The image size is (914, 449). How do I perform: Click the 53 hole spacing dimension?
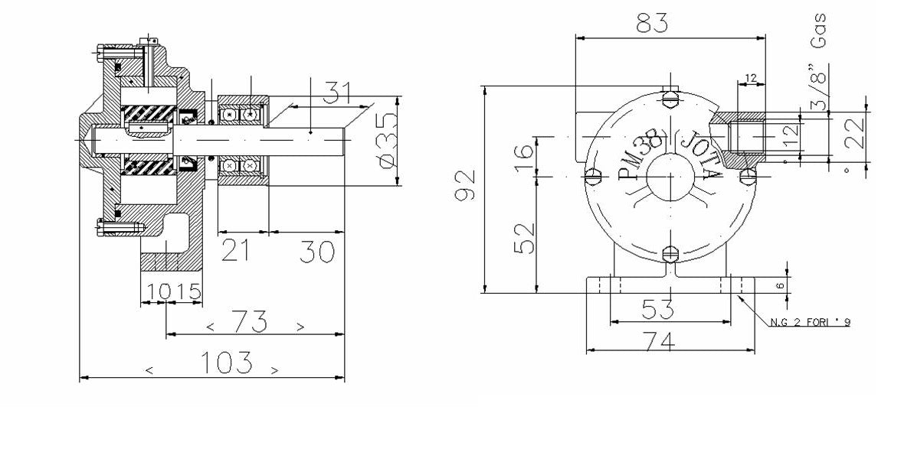pyautogui.click(x=657, y=310)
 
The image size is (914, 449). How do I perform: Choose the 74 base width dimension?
pyautogui.click(x=657, y=343)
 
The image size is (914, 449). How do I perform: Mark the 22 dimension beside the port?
pyautogui.click(x=855, y=132)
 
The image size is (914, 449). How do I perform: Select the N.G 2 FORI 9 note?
pyautogui.click(x=810, y=322)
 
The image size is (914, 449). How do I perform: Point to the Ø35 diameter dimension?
pyautogui.click(x=387, y=141)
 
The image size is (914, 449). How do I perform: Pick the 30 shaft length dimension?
pyautogui.click(x=316, y=251)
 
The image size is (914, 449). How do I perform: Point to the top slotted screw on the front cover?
pyautogui.click(x=671, y=96)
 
